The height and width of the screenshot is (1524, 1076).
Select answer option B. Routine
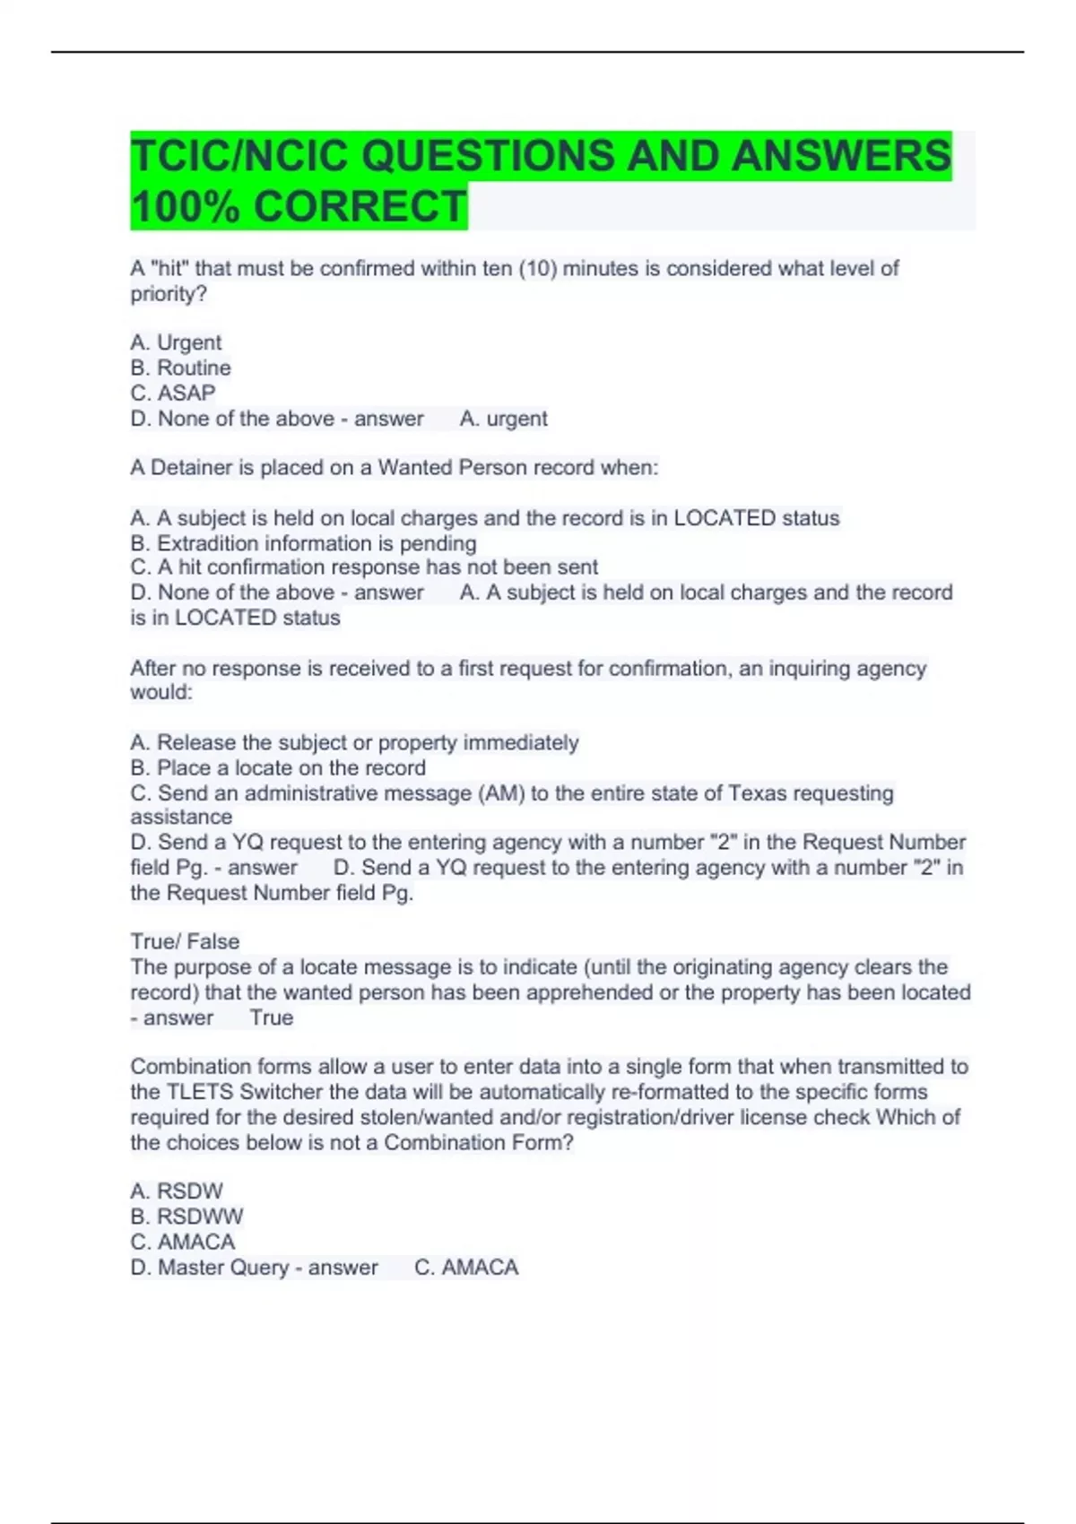(x=180, y=368)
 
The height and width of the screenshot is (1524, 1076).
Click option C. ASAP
(x=173, y=393)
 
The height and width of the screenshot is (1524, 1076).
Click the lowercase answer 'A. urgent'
(x=503, y=419)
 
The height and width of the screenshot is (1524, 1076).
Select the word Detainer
(x=191, y=467)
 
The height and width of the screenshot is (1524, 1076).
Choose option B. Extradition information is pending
(x=303, y=543)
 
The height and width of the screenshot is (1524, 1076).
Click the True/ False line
(x=185, y=941)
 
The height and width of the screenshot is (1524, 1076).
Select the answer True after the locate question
(x=272, y=1017)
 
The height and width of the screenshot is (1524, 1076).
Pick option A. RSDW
(x=177, y=1191)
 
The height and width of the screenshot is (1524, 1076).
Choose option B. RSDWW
(x=187, y=1217)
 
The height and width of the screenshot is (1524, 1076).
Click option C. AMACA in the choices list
(x=182, y=1242)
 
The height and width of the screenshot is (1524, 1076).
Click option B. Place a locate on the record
(x=278, y=767)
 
